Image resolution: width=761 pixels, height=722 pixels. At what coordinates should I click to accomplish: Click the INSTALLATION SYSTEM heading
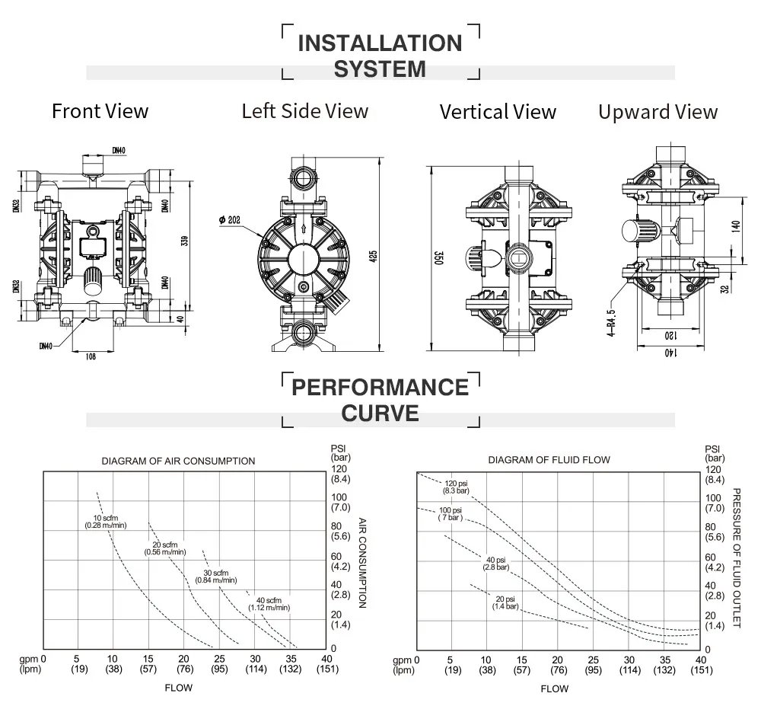coord(380,55)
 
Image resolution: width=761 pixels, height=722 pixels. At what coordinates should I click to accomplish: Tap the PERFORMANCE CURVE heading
coord(380,400)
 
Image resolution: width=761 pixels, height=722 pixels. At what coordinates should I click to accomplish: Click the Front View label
coord(100,111)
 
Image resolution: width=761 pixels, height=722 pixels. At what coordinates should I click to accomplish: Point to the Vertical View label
coord(498,112)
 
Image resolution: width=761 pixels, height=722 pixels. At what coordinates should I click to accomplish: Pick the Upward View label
coord(658,112)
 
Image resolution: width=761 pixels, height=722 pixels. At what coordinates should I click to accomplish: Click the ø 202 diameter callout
coord(229,220)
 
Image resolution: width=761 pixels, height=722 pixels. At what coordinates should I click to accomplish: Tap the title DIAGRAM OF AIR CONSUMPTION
coord(179,461)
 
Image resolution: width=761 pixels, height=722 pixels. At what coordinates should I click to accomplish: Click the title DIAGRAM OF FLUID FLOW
coord(549,460)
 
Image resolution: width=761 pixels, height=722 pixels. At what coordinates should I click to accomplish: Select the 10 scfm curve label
coord(106,522)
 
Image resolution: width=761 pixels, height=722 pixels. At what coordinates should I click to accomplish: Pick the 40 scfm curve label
coord(269,602)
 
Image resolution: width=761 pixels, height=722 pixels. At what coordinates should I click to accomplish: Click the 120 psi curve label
coord(457,487)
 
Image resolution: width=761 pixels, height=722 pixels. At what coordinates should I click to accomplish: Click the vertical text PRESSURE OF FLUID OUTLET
coord(736,557)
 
